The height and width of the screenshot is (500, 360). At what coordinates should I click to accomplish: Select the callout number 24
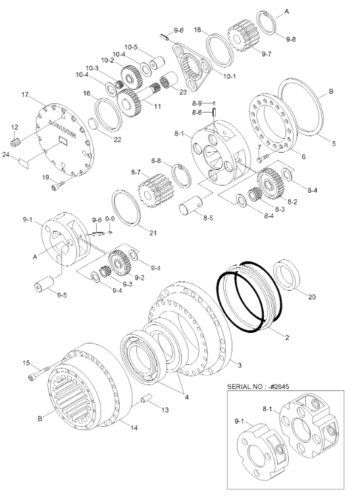(x=7, y=156)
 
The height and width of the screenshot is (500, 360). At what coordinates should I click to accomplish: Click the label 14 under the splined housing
(x=133, y=428)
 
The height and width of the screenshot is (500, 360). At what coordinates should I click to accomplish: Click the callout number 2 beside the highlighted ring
(x=286, y=337)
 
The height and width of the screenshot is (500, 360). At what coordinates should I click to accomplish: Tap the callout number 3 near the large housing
(x=240, y=364)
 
